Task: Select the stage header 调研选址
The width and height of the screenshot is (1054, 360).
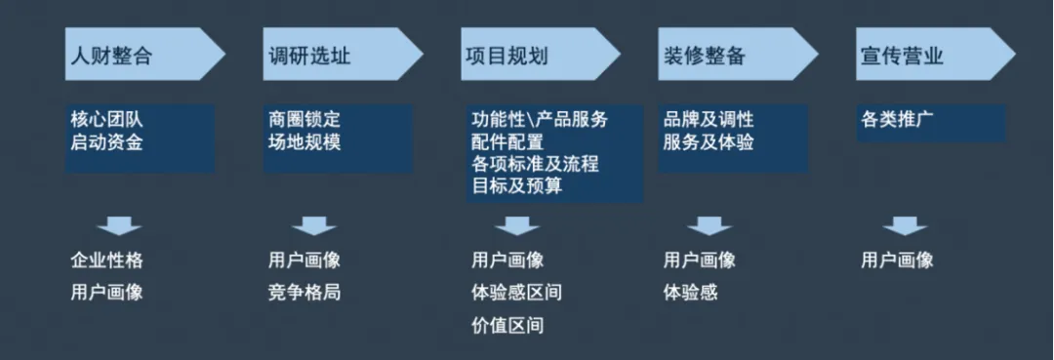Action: [309, 56]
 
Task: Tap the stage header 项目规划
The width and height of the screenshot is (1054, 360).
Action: [507, 56]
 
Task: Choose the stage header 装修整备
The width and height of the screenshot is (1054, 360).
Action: [705, 56]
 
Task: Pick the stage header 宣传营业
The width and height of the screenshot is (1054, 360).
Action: [902, 56]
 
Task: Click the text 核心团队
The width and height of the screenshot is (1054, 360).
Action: [106, 120]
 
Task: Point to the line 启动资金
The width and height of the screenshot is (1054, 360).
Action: [106, 142]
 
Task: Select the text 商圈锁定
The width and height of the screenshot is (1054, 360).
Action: [304, 120]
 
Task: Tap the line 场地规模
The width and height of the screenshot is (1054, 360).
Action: [304, 142]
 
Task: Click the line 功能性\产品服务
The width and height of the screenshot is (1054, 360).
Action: [539, 120]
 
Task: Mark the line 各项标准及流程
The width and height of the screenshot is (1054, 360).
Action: [534, 164]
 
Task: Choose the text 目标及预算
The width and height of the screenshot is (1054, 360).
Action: [516, 185]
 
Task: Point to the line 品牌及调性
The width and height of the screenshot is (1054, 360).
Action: [709, 120]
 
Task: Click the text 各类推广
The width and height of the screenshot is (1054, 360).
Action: [897, 120]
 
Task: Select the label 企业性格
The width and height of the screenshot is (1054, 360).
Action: [106, 260]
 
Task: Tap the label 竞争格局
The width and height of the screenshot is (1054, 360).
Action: [304, 292]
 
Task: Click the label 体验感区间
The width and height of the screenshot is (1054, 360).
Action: [516, 292]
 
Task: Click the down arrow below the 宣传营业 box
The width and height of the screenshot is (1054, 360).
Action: [905, 226]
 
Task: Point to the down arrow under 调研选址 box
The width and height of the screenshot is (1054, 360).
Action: [313, 226]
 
